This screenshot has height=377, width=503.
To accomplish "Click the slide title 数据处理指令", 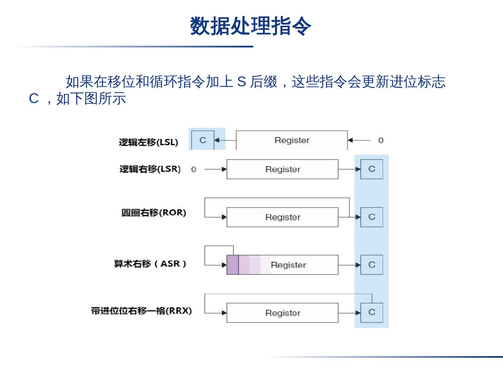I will coord(250,26).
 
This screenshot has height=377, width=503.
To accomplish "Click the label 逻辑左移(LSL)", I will coord(148,142).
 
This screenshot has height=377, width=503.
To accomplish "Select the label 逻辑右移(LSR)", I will coord(150,169).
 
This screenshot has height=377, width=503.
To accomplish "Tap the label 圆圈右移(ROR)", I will coord(154,213).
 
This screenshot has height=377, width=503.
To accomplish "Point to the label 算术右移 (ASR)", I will coord(150,264).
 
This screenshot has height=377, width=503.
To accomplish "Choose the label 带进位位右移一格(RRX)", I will coord(141,311).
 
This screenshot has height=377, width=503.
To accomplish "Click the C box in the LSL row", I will coord(203,140).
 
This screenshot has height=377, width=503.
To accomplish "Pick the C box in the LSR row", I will coord(372,169).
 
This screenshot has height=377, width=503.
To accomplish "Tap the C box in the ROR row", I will coord(372,217).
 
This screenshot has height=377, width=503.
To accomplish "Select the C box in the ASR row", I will coord(372,265).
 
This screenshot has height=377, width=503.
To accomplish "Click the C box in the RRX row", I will coord(372,312).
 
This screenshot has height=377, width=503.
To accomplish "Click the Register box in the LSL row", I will coord(292,140).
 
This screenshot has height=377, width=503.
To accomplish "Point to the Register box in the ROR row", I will coord(282,217).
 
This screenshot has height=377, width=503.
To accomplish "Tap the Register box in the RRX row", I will coord(282,313).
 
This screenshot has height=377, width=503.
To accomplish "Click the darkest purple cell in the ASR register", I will coord(233,265).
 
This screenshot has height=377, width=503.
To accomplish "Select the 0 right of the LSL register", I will coord(381,140).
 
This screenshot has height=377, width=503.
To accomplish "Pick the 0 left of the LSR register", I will coord(194,170).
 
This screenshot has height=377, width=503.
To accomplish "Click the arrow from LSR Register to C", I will coord(349,169).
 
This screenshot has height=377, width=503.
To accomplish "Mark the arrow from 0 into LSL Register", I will coord(359,140).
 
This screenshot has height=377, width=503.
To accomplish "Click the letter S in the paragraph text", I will coord(242,82).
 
